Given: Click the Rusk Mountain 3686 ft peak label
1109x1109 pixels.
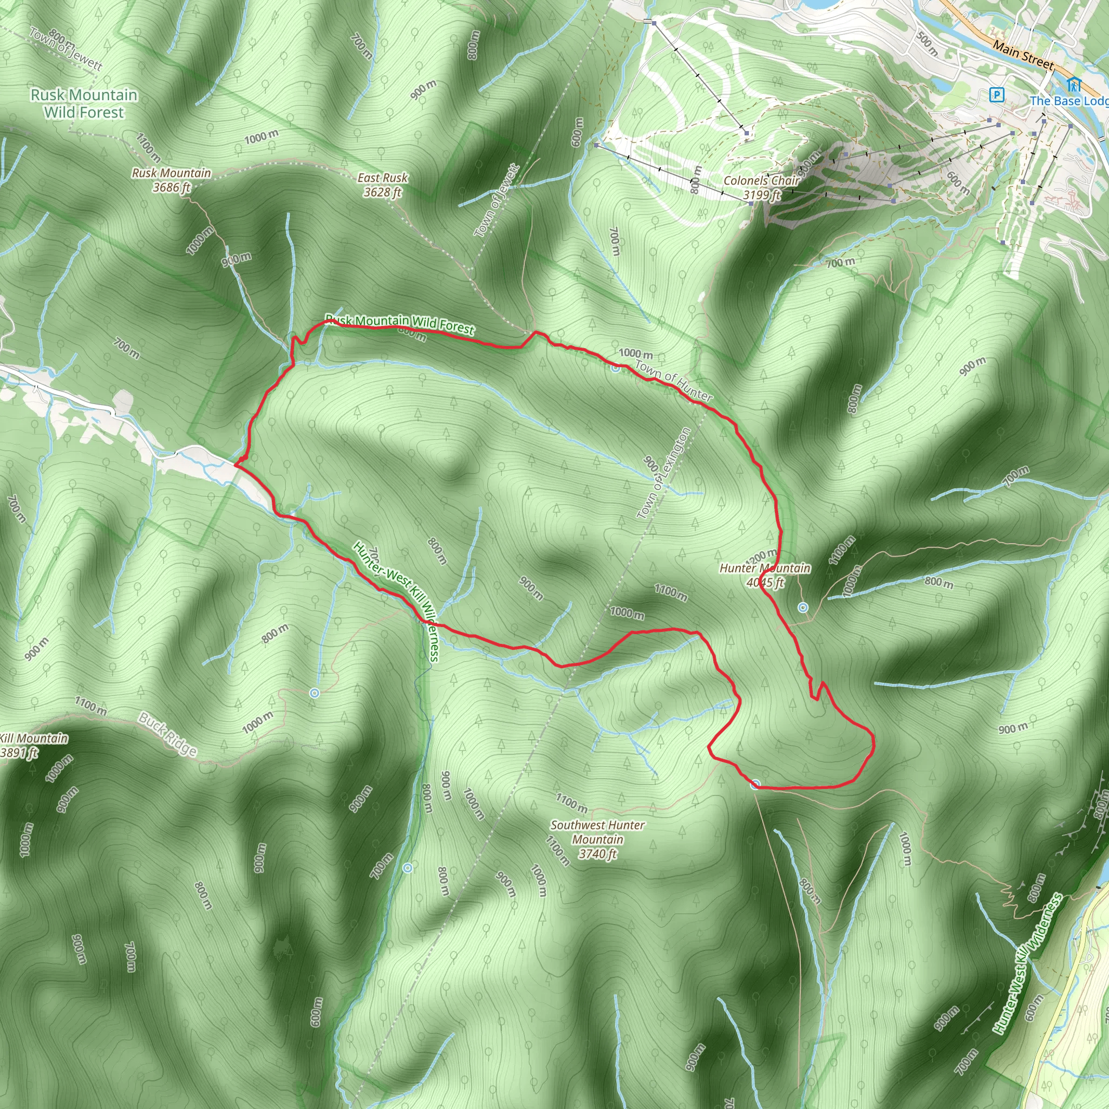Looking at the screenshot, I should (171, 180).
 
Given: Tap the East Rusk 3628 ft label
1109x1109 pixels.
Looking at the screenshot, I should (382, 185).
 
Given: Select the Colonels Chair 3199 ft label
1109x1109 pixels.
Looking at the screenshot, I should (761, 187).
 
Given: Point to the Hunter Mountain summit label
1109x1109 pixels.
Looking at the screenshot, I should (765, 575).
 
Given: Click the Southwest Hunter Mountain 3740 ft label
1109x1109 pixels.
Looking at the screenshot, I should (598, 839).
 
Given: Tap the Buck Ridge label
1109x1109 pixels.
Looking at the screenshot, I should (168, 735).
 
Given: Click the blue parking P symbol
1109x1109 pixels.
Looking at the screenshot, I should (997, 95).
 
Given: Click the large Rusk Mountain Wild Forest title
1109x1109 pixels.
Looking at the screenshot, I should (84, 103).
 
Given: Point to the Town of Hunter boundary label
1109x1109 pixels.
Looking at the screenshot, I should (674, 381).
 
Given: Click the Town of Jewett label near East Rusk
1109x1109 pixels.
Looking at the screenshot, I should (497, 200).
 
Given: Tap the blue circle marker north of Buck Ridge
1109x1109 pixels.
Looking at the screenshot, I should (314, 693).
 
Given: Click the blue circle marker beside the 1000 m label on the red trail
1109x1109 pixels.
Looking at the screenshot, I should (615, 368).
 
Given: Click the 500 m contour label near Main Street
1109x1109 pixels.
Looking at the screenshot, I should (927, 43).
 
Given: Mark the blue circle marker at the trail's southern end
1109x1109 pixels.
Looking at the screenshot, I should (756, 784).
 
